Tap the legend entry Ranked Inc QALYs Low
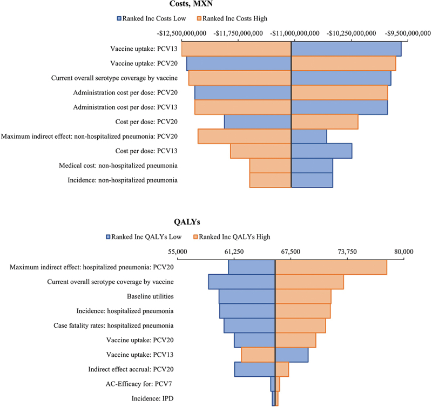[x=144, y=236]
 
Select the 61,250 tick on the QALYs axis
[x=234, y=252]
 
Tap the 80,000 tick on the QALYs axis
[x=403, y=252]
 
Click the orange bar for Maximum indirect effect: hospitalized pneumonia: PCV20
[x=330, y=267]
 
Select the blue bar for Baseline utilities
[x=247, y=296]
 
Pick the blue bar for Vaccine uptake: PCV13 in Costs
[x=346, y=49]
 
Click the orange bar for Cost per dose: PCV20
[x=324, y=121]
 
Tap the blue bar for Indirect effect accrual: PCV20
[x=254, y=369]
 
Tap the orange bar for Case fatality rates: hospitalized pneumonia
[x=300, y=325]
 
